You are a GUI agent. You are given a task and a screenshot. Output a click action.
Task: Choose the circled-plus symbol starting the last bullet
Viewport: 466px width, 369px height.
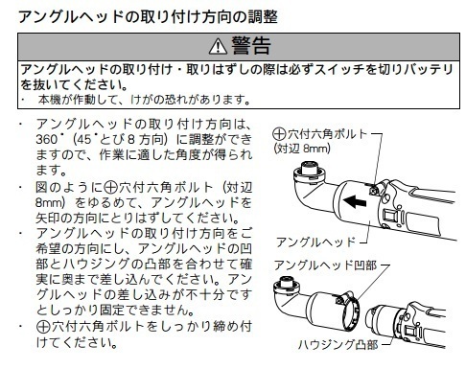point(41,326)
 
